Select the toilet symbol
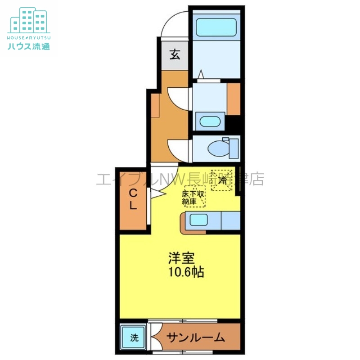(x=221, y=148)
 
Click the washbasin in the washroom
(x=210, y=121)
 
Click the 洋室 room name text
(x=181, y=258)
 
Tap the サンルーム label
(x=195, y=337)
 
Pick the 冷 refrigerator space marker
(x=223, y=180)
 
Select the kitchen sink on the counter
(x=199, y=220)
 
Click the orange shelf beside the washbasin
(x=234, y=99)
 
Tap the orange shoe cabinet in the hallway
(x=155, y=105)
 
